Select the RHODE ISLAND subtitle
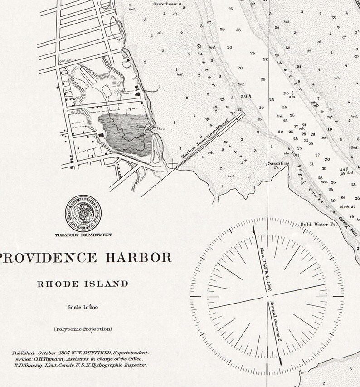[x=83, y=284]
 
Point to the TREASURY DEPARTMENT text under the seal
[x=83, y=235]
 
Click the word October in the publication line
[x=47, y=353]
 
